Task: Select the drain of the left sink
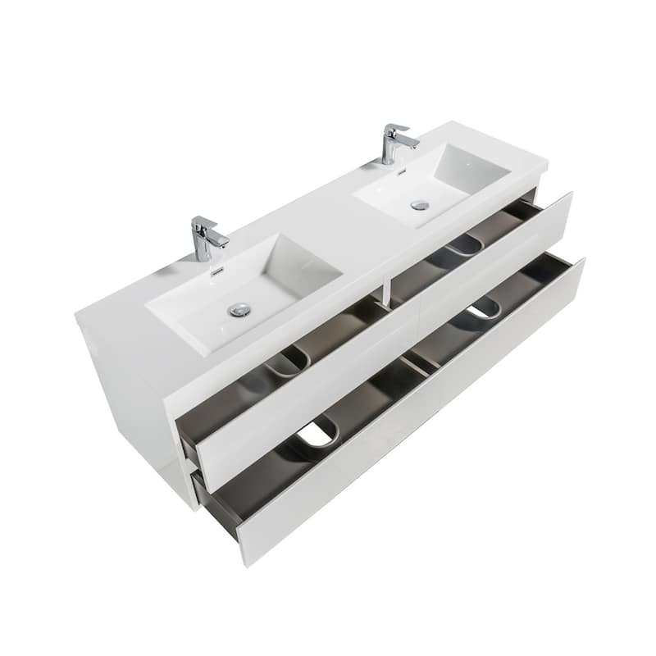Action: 239,309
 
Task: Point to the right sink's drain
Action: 420,204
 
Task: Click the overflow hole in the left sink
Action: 217,271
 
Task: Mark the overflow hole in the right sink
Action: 402,171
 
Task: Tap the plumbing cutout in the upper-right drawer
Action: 464,244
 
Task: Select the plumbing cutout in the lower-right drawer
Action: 484,307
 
